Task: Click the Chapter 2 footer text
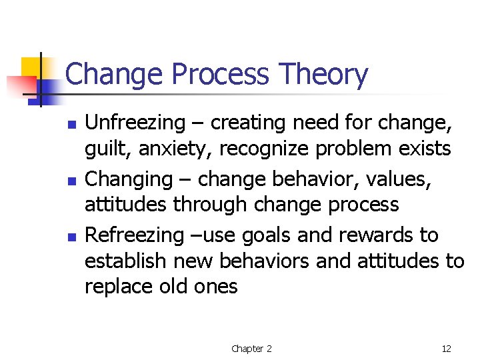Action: tap(251, 349)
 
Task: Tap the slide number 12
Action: tap(446, 349)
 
